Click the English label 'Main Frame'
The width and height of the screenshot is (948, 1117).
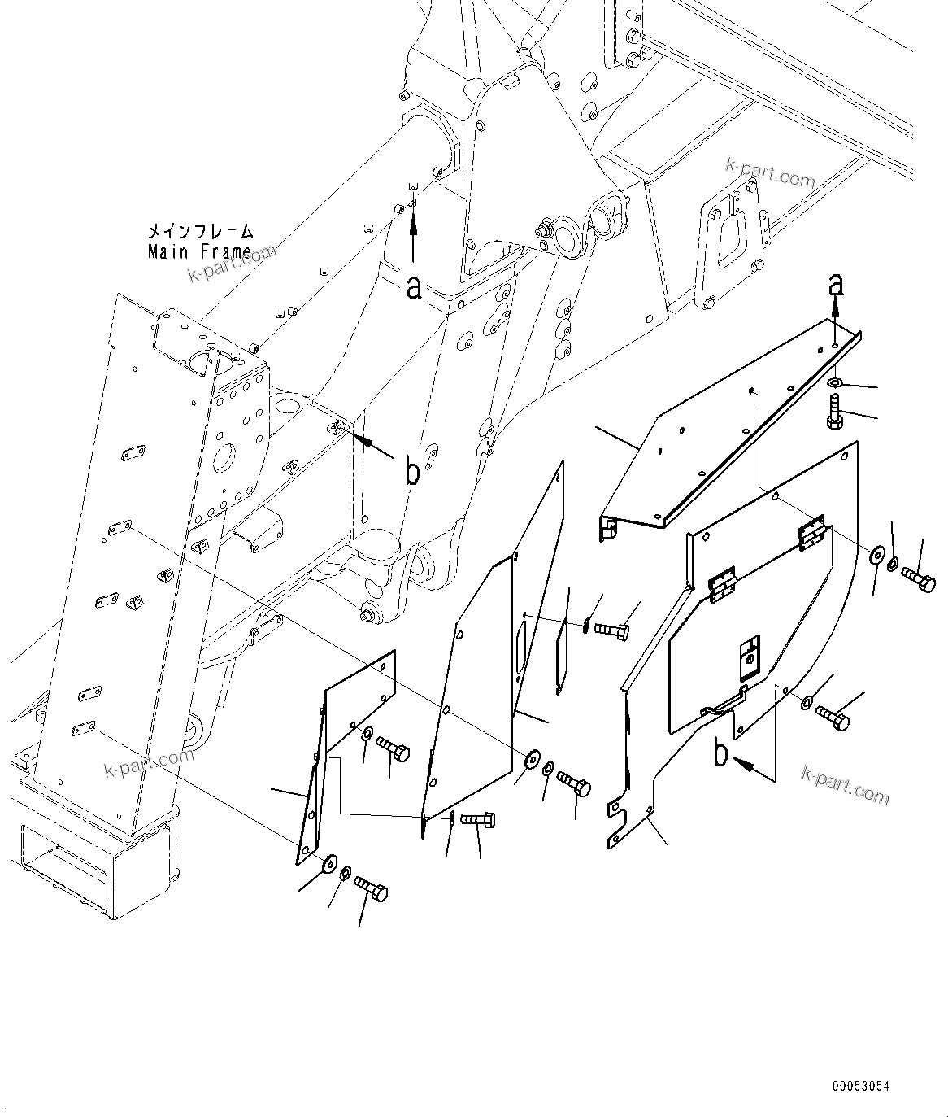tap(199, 251)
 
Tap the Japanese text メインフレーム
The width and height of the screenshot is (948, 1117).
tap(200, 232)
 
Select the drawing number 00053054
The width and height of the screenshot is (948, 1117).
tap(860, 1086)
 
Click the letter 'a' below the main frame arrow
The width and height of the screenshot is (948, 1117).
tap(414, 286)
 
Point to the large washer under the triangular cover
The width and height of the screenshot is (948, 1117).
tap(329, 862)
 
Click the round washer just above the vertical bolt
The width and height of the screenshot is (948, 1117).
tap(835, 382)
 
